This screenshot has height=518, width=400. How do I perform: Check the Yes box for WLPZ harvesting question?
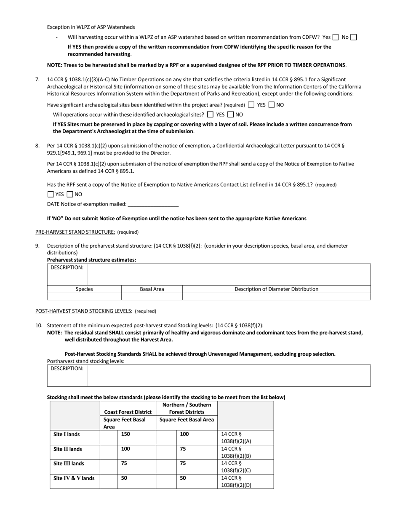pos(336,37)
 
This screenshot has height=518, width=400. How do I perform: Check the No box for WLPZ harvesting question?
pos(354,37)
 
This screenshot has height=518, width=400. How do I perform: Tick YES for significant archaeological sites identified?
pos(251,105)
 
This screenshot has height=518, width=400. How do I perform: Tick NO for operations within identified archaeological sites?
pos(230,115)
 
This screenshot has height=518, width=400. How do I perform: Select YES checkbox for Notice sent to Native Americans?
pos(51,195)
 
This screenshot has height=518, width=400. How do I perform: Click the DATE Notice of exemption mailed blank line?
pos(153,204)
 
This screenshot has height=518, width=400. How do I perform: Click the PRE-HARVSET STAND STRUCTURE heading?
pos(75,232)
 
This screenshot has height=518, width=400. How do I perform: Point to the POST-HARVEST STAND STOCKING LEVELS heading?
pos(83,311)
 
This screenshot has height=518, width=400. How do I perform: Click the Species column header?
pos(84,289)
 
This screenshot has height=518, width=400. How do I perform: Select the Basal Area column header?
pos(152,289)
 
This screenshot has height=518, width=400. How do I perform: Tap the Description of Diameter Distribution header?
pos(276,289)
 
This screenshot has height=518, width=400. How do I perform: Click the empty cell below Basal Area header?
pos(152,296)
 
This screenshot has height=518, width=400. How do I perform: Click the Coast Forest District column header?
pos(128,412)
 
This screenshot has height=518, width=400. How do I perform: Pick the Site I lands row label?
pos(67,434)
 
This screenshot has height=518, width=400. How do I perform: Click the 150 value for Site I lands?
pos(125,434)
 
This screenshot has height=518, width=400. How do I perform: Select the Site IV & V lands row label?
pos(74,478)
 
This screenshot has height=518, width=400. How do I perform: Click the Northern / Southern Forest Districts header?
pos(187,408)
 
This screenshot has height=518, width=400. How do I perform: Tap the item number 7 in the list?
pos(37,80)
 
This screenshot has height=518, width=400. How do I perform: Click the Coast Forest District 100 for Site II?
pos(125,449)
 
